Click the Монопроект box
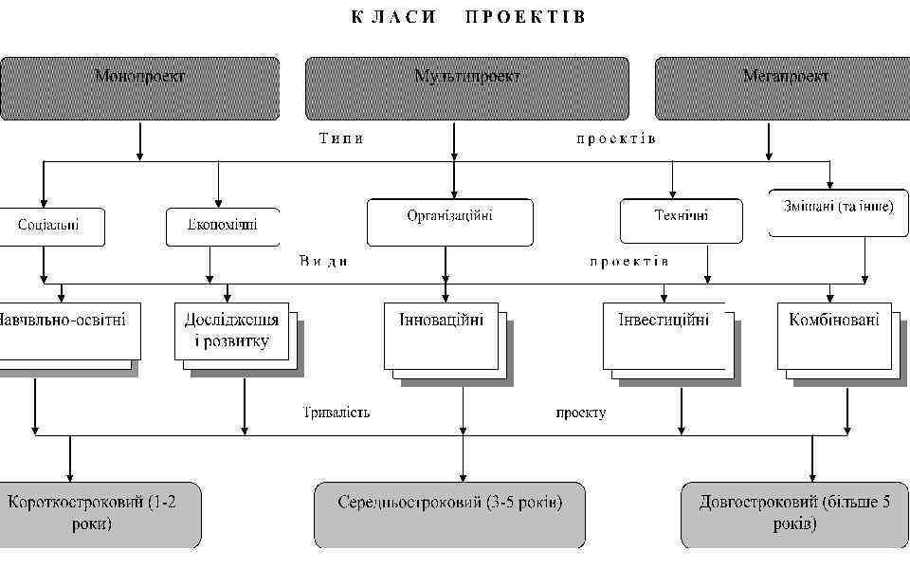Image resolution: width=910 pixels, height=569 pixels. click(140, 88)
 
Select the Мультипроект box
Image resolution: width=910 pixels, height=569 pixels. click(466, 88)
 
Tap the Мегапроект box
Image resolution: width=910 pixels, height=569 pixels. click(783, 88)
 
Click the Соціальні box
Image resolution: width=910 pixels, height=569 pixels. click(49, 227)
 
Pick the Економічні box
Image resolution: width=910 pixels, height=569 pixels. click(223, 227)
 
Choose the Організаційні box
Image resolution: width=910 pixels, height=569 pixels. click(449, 222)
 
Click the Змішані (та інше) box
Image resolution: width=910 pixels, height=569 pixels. click(839, 212)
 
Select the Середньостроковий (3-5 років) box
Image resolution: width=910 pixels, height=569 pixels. click(449, 515)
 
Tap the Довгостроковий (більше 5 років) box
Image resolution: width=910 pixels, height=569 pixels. click(794, 515)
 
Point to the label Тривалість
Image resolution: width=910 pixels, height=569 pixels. click(337, 413)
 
